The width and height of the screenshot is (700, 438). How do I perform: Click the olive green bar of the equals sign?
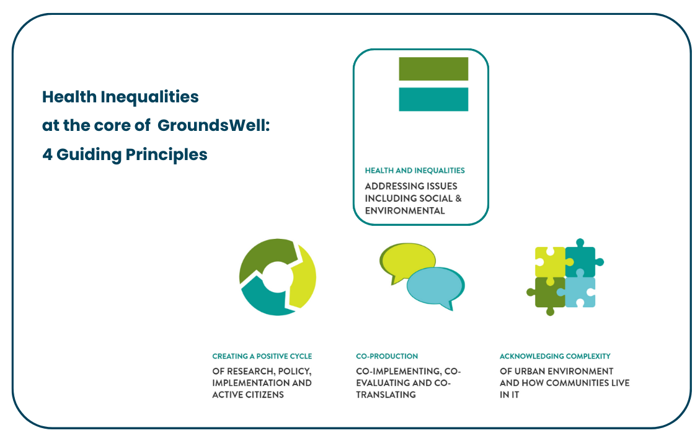click(x=433, y=68)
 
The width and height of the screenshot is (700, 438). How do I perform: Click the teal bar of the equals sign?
click(x=433, y=99)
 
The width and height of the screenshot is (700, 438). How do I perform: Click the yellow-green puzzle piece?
click(x=549, y=261)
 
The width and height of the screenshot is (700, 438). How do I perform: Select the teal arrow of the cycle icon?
click(x=264, y=301)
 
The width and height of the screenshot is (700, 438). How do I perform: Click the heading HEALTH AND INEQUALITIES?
click(x=414, y=170)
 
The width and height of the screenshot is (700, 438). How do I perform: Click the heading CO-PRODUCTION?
click(x=387, y=356)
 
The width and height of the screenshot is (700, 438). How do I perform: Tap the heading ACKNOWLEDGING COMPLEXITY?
click(x=555, y=356)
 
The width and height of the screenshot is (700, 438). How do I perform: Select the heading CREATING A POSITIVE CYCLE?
click(x=262, y=356)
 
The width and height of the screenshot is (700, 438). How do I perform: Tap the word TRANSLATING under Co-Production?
click(x=386, y=395)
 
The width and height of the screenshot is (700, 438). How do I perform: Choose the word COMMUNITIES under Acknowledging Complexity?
click(x=574, y=383)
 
